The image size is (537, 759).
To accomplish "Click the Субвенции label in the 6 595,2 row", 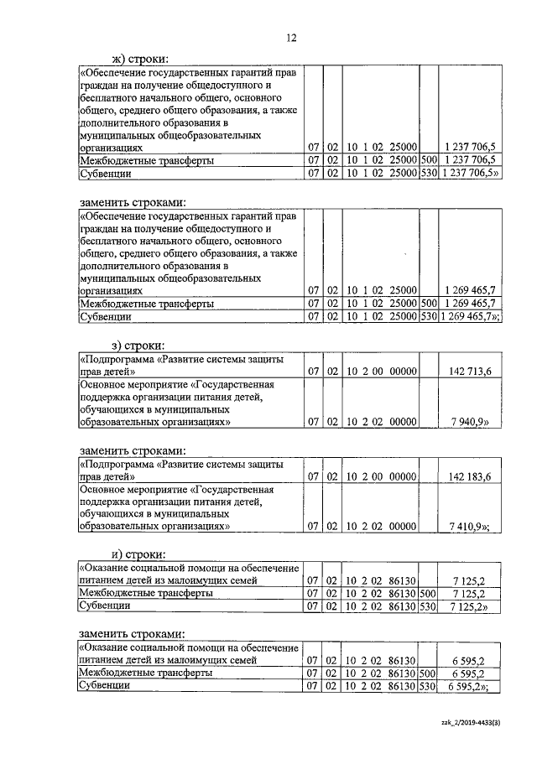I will tap(105, 685).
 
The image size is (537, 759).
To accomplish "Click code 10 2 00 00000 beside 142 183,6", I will tap(381, 476).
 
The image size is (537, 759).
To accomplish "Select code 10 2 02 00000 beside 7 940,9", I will tap(381, 424).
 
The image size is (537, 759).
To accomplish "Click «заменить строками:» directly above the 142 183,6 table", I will tap(133, 450).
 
